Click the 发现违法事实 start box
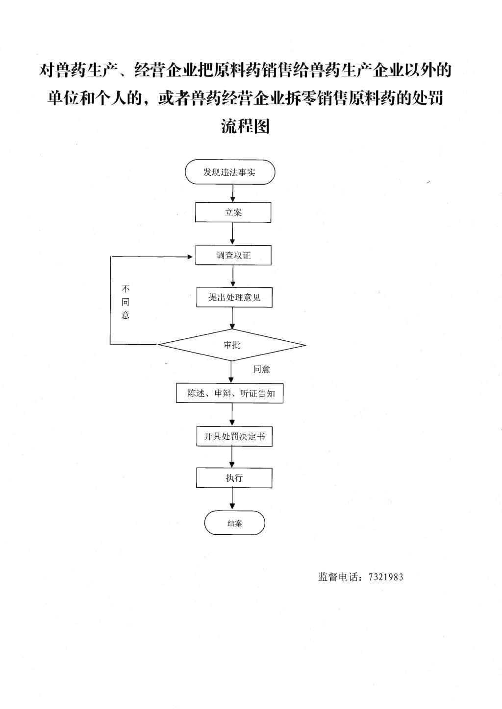[230, 172]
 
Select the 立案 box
[233, 212]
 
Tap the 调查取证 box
[233, 255]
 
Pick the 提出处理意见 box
[234, 297]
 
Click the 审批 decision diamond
[232, 345]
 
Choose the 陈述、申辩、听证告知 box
[230, 393]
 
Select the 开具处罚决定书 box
[234, 436]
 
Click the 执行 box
[234, 477]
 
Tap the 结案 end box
[234, 523]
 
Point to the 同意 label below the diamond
[261, 369]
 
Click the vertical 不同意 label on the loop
[125, 302]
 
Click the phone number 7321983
[386, 577]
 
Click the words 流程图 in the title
[245, 126]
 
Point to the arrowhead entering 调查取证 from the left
[190, 257]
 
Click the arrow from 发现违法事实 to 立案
[233, 193]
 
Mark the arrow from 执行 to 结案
[232, 499]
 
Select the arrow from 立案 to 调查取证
[232, 234]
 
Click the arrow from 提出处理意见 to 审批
[232, 318]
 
